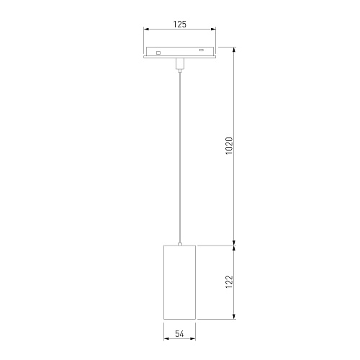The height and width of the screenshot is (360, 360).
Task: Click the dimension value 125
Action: (180, 24)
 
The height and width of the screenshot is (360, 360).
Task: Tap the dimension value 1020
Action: (230, 146)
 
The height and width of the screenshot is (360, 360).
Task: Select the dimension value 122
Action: (230, 282)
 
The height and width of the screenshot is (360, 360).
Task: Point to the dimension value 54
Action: (179, 333)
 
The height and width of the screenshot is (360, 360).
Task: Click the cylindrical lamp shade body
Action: (180, 282)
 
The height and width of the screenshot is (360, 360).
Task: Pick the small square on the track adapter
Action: (158, 53)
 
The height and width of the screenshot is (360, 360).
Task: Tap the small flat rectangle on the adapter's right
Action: (202, 50)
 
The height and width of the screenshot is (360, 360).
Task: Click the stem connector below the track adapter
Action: (180, 63)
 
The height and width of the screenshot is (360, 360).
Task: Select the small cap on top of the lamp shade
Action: (180, 244)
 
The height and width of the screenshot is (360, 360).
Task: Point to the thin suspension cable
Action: (180, 157)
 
